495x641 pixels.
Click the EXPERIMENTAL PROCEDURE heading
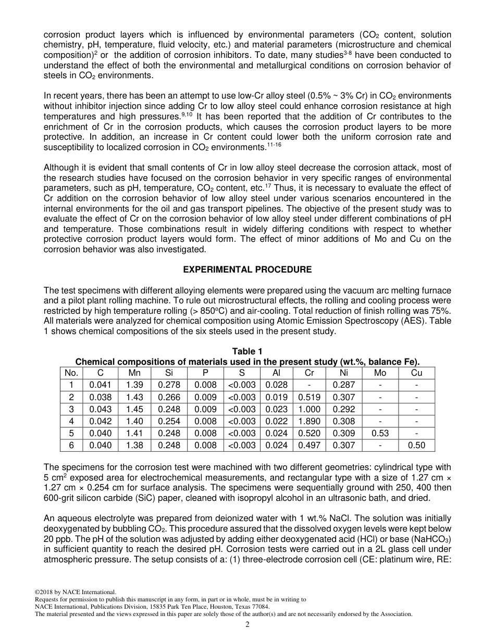pos(247,269)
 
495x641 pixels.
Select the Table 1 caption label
pos(247,352)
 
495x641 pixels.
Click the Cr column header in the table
pos(309,373)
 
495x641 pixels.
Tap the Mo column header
pos(380,373)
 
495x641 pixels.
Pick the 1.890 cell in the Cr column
pos(309,421)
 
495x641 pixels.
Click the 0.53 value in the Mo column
pos(380,433)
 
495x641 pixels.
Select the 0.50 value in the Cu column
pos(416,445)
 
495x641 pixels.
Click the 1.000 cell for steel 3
pos(309,409)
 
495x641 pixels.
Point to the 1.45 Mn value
pos(134,409)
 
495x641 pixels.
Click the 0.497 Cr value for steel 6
pos(309,445)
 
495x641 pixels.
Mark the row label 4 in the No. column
pos(71,421)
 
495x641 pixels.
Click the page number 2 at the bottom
pos(247,624)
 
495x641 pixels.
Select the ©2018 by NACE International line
pos(75,591)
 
